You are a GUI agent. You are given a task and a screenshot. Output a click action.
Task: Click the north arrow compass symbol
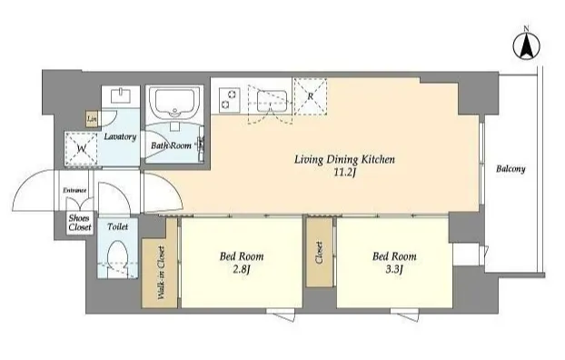527,45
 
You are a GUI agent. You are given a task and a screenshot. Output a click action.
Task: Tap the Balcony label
510,169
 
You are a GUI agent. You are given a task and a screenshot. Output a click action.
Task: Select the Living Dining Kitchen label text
344,159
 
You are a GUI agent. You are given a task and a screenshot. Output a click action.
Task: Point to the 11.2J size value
344,173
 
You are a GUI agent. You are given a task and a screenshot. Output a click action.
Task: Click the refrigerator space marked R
311,96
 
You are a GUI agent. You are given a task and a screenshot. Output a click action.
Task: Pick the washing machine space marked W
81,149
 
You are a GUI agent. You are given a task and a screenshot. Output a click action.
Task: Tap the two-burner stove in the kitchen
230,99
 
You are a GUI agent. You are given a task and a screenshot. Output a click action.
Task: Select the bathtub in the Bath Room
175,103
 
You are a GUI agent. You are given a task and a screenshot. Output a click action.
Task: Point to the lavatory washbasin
121,95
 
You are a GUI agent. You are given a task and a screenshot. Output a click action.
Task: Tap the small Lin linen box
92,119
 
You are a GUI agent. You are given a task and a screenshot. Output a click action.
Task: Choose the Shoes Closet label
80,223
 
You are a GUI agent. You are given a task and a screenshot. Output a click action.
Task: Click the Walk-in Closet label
161,273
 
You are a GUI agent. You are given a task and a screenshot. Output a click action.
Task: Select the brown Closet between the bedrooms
320,252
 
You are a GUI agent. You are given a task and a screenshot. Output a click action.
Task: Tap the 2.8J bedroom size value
241,269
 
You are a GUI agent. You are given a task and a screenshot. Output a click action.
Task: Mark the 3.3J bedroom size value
394,269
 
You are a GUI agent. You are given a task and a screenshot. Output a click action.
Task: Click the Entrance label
74,190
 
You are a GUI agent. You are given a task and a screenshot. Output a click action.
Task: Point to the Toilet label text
117,227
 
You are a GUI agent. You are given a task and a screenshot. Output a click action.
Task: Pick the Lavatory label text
120,136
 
